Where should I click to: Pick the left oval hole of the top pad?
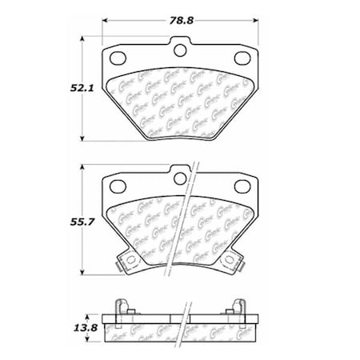(118, 58)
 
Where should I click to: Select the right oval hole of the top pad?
(243, 58)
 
